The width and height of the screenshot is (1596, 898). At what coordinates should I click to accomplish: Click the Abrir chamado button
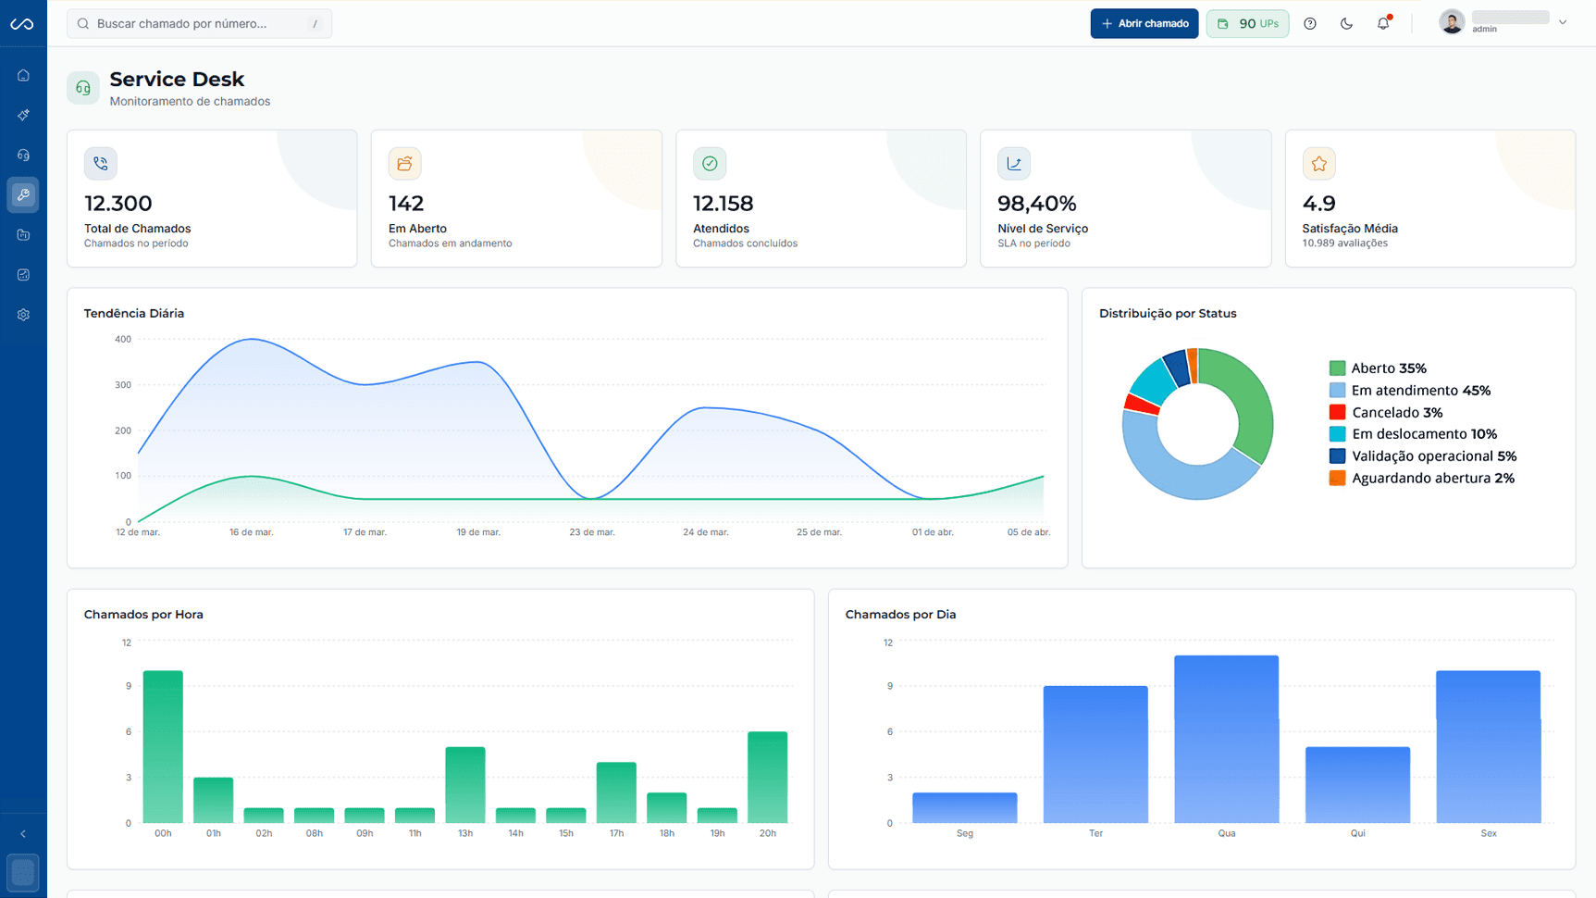1144,23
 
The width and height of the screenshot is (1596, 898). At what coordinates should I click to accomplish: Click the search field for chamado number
199,23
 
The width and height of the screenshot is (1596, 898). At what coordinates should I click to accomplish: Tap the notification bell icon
1383,23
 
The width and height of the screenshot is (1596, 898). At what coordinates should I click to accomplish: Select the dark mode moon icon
1346,23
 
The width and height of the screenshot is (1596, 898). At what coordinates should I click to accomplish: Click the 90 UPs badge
1247,23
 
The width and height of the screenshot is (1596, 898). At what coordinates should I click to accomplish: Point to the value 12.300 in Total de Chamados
118,203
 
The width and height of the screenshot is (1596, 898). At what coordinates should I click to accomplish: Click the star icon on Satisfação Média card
1318,164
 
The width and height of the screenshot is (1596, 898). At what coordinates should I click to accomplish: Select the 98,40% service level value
1036,203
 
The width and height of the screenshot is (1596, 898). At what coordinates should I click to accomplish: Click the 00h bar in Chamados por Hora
163,746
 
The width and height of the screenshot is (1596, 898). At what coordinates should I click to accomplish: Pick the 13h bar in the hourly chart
465,784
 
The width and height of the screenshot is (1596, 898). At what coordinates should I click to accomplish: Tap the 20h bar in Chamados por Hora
767,777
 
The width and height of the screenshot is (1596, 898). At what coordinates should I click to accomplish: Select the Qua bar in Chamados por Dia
1226,739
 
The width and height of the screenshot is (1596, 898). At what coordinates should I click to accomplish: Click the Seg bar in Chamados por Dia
964,807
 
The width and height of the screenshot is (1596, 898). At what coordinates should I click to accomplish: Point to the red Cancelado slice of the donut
1141,404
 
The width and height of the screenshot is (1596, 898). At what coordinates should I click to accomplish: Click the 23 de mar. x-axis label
592,532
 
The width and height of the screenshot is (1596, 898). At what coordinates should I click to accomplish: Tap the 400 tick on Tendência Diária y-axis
123,339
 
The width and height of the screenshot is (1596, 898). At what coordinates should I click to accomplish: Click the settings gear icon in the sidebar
23,315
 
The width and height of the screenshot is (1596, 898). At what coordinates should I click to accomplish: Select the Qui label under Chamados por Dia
1357,833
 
